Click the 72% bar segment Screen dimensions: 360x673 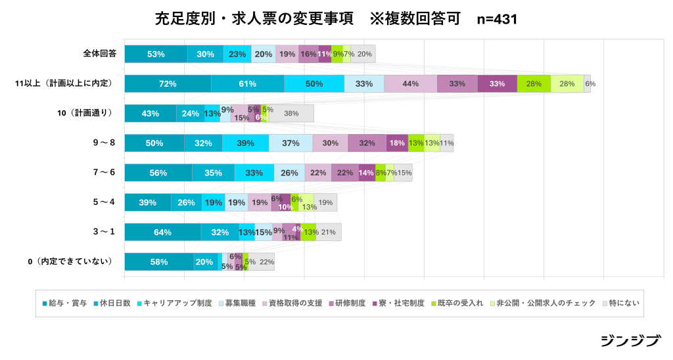168,83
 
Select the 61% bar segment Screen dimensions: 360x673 247,83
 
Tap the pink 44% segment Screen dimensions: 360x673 411,83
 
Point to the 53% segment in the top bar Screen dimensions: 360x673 156,54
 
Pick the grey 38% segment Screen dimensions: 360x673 291,113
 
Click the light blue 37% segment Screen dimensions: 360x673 290,143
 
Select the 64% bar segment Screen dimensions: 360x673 162,232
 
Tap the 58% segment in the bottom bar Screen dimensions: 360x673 158,261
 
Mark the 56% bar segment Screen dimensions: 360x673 158,173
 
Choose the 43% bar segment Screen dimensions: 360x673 150,113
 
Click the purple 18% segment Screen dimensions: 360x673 397,143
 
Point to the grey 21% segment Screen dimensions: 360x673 328,232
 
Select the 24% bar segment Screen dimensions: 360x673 190,113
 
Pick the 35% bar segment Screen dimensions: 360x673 213,173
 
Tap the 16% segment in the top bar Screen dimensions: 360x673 308,54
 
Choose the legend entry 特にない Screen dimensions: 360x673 622,303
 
